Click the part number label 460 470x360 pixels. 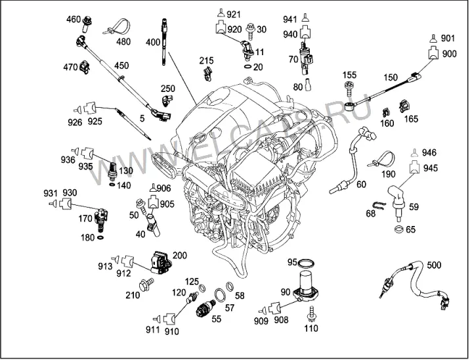[74, 20]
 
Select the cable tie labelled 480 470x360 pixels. [117, 26]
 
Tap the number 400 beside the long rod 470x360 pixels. [153, 42]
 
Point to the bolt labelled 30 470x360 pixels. [250, 32]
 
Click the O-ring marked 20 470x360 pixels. [248, 66]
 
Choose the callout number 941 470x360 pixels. [290, 20]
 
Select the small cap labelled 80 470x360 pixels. [308, 84]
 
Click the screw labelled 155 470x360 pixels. [349, 89]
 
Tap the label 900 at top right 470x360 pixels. [449, 54]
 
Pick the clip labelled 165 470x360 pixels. [404, 106]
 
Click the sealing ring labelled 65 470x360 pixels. [398, 229]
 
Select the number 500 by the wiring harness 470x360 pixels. [434, 265]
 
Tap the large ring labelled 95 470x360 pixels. [307, 263]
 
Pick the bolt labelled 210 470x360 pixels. [146, 284]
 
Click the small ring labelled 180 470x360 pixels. [100, 238]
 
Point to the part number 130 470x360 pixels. [125, 171]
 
